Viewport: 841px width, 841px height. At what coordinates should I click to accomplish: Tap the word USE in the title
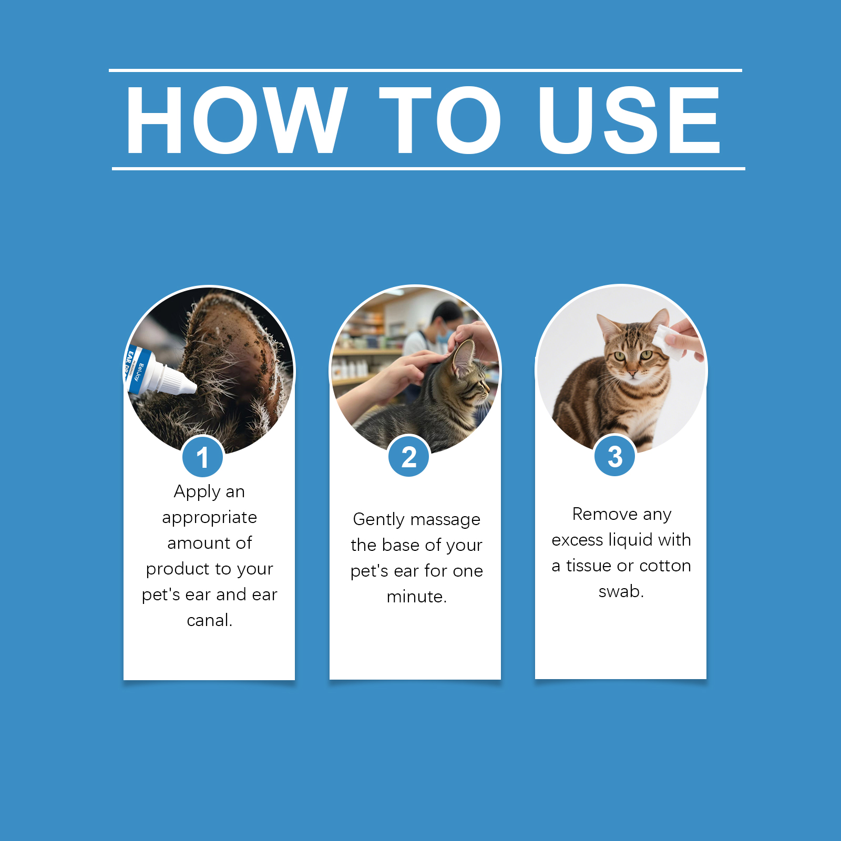click(x=629, y=120)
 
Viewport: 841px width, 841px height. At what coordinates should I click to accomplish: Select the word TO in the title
click(x=440, y=120)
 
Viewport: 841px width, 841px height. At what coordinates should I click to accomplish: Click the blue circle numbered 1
click(x=203, y=457)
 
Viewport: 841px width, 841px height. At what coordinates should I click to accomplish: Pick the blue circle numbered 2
click(x=409, y=456)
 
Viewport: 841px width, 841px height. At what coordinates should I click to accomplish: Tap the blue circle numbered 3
click(x=615, y=456)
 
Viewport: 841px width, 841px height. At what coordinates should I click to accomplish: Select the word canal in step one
click(x=209, y=620)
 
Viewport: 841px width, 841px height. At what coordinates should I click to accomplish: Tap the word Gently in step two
click(x=378, y=520)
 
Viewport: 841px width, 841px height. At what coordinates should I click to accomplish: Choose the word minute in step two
click(x=416, y=597)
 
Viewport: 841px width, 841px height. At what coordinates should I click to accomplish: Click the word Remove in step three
click(x=604, y=514)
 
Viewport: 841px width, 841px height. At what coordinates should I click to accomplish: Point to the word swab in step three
click(x=621, y=591)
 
